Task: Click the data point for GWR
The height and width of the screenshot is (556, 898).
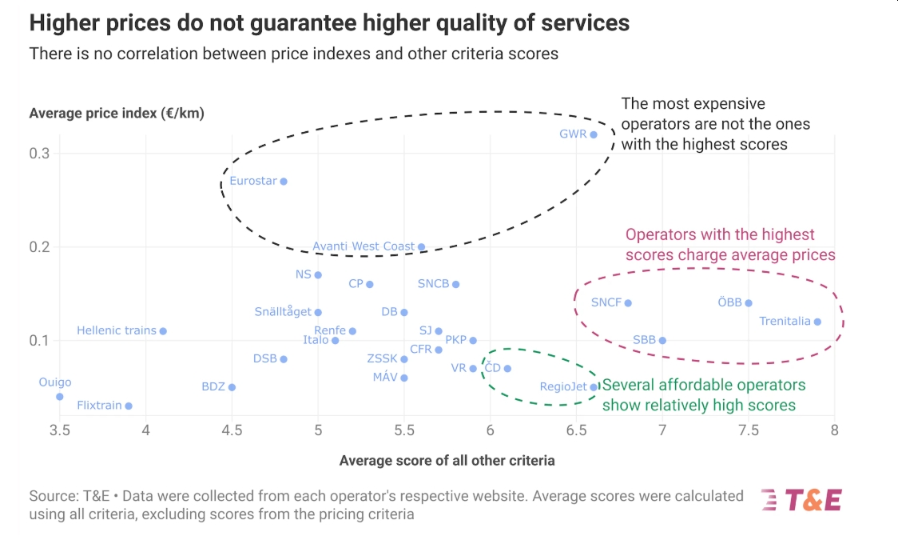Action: (594, 134)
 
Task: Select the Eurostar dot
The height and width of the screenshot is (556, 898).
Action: (284, 182)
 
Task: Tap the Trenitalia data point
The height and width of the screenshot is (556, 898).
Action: (817, 322)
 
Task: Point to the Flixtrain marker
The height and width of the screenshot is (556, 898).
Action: (129, 406)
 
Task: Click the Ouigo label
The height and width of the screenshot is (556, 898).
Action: (55, 382)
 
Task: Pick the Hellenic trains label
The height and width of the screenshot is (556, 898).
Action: (117, 330)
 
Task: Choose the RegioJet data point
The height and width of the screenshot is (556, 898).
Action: (594, 387)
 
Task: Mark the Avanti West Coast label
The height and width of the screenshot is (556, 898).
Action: (364, 246)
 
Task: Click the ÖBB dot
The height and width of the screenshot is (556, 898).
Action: (749, 303)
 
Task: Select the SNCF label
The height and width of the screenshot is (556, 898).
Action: (606, 302)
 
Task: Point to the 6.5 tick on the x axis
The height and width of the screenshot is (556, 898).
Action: (576, 431)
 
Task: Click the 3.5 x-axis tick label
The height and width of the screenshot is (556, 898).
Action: (60, 431)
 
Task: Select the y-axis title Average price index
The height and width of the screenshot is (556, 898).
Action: (117, 114)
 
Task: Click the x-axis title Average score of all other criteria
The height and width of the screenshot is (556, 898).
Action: (447, 461)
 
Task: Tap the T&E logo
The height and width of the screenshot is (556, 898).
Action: (801, 500)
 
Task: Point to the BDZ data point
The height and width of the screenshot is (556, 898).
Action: (232, 387)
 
